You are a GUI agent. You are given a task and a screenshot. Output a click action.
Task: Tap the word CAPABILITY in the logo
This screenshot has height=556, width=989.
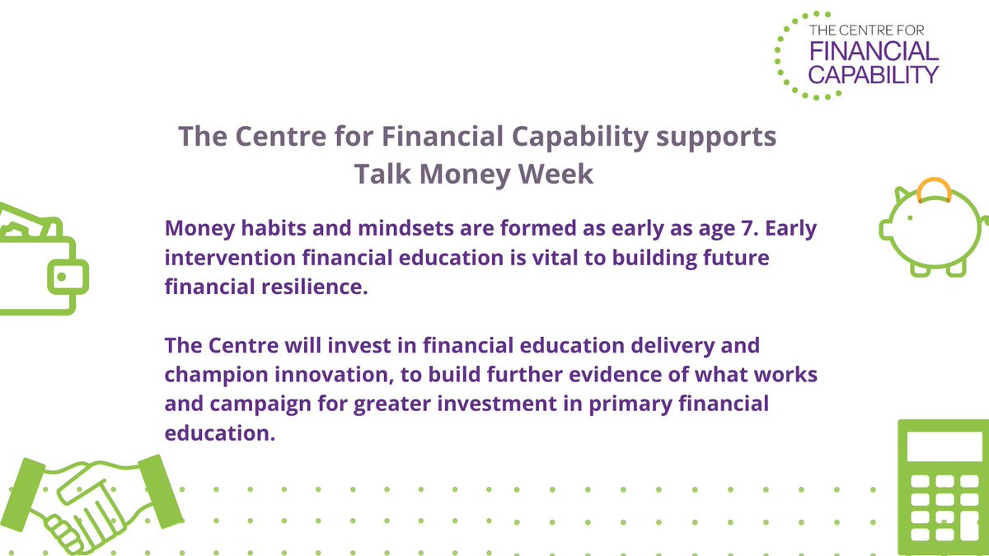874,74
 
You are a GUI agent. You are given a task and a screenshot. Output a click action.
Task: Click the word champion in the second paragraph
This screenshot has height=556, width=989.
211,372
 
